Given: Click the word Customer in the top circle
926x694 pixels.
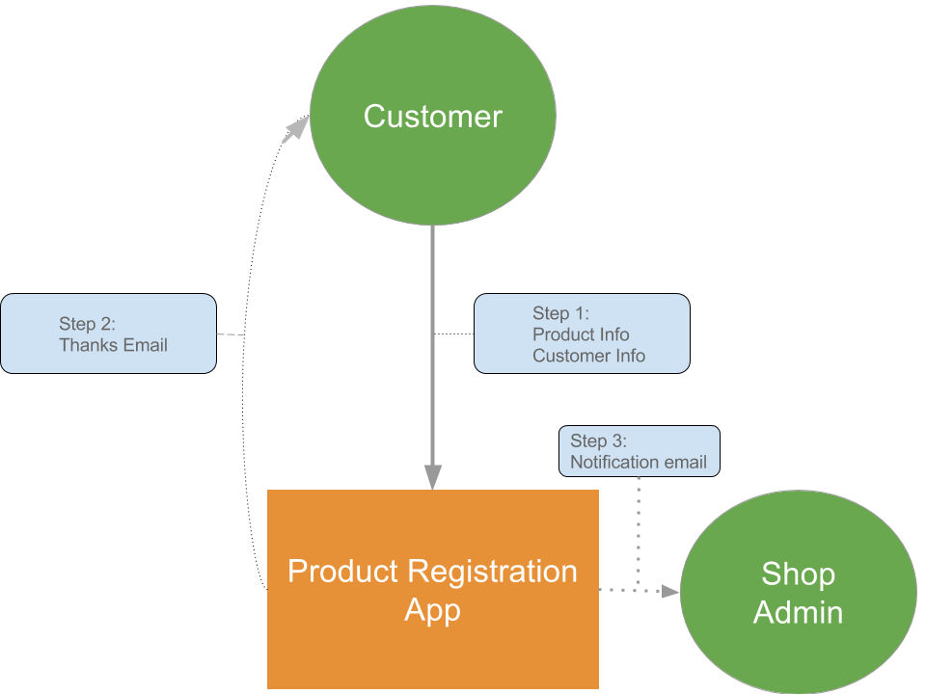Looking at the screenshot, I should click(x=432, y=117).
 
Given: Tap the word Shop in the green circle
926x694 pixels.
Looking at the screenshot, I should click(x=798, y=574).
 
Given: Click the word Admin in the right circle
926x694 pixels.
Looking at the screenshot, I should click(x=798, y=612).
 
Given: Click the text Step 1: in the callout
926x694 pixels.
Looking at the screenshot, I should click(x=560, y=313).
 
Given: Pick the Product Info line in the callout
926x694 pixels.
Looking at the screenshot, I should click(x=581, y=334).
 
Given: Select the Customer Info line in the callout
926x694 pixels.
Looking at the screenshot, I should click(x=588, y=356).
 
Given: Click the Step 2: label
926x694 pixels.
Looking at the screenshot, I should click(x=87, y=324).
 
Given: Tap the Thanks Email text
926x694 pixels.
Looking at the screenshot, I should click(x=113, y=345).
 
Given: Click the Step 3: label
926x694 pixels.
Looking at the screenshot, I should click(x=598, y=441).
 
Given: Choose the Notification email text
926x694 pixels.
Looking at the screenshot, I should click(x=638, y=463).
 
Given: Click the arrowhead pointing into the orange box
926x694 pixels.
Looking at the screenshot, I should click(x=433, y=477).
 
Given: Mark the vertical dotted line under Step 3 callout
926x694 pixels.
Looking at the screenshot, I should click(x=639, y=530).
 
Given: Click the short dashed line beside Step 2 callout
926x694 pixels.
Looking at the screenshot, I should click(x=230, y=334).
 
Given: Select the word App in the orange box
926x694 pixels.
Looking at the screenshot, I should click(x=432, y=610).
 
